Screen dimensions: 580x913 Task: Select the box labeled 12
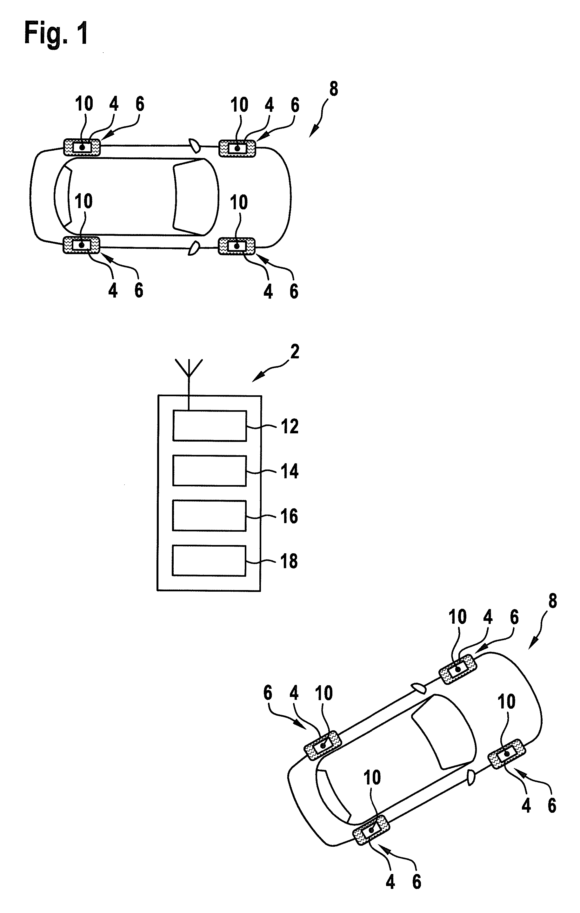pyautogui.click(x=210, y=426)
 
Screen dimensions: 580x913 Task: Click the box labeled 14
pyautogui.click(x=210, y=471)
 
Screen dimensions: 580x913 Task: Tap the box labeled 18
pyautogui.click(x=209, y=560)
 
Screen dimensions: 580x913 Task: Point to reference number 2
pyautogui.click(x=295, y=351)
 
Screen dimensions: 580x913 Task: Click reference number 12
pyautogui.click(x=290, y=427)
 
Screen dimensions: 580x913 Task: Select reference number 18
pyautogui.click(x=289, y=562)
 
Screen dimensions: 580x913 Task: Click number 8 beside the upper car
pyautogui.click(x=333, y=89)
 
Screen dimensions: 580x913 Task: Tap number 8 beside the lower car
pyautogui.click(x=553, y=601)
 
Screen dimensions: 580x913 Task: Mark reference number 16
pyautogui.click(x=290, y=516)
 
